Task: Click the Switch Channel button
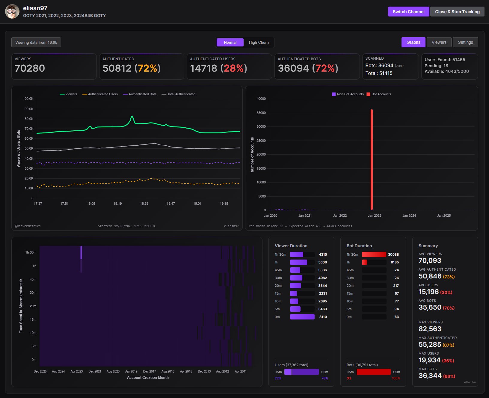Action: pos(408,12)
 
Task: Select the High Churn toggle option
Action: pos(259,42)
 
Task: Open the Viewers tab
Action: pos(439,42)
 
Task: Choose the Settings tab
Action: pos(465,42)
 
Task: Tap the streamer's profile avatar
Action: pos(12,12)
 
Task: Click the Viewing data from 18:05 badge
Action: pos(36,42)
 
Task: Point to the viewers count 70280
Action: pos(30,68)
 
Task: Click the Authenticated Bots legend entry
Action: pos(140,94)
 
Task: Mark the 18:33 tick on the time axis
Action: pos(144,203)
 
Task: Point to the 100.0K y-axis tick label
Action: pos(28,99)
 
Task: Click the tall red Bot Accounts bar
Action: pos(372,159)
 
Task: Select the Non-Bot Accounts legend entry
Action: pos(348,94)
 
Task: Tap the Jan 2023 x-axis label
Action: pos(374,215)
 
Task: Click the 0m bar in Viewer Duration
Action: pos(302,317)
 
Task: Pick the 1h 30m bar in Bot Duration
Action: pos(374,254)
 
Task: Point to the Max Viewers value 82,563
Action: pos(430,329)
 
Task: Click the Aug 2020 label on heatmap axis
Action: pos(113,371)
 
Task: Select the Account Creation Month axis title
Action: pos(148,378)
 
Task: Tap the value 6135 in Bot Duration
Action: pos(395,262)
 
